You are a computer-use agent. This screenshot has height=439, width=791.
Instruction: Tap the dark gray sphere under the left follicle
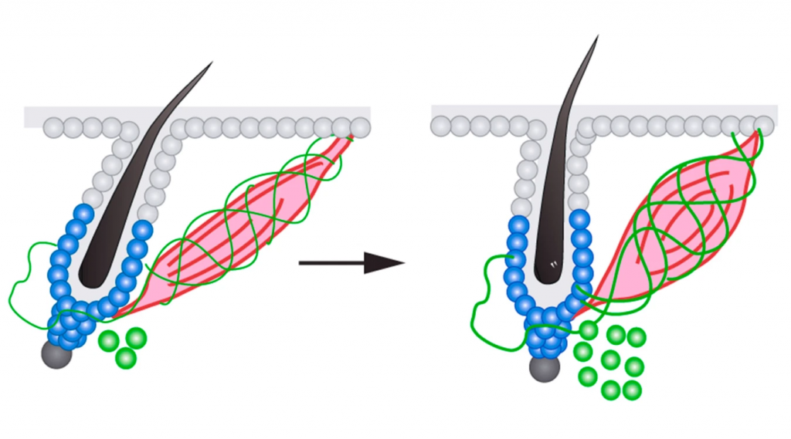tap(56, 354)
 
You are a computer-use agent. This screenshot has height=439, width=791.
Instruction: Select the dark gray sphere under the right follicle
tap(545, 367)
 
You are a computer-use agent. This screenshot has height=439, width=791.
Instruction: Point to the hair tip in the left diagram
tap(210, 64)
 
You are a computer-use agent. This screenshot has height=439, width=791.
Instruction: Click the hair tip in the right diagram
tap(596, 37)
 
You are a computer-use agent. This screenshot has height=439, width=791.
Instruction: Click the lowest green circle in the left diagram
tap(126, 358)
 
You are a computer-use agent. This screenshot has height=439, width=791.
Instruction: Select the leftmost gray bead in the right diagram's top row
tap(442, 125)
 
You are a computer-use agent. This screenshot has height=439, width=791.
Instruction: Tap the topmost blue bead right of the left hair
tap(143, 228)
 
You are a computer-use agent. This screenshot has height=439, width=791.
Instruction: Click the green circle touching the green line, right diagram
tap(589, 331)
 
